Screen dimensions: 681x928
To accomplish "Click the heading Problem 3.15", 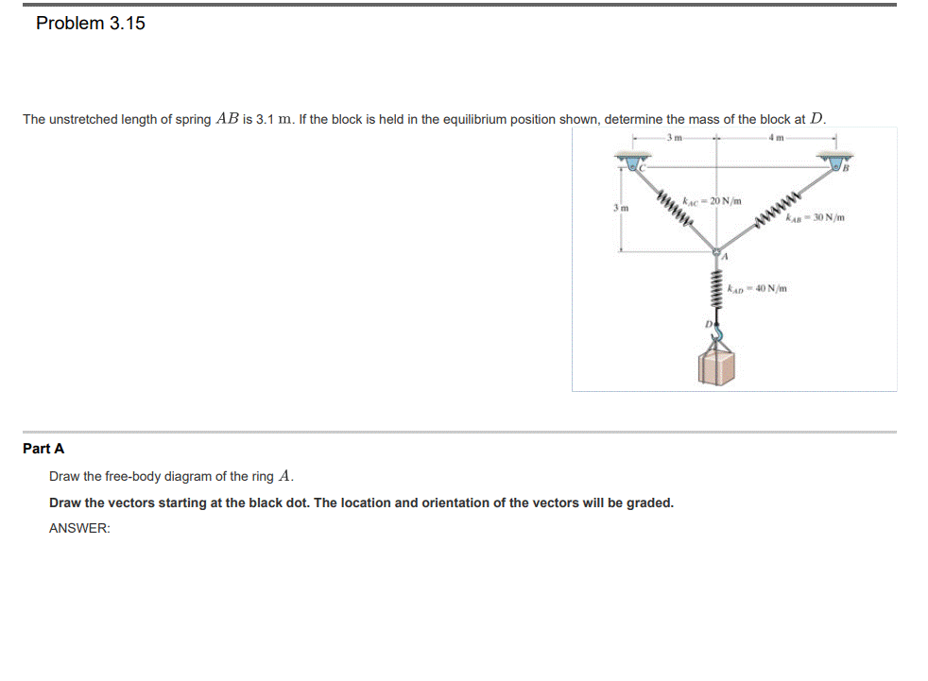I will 91,24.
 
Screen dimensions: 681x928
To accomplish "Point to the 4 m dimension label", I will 777,140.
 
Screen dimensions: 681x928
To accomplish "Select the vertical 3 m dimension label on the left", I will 615,206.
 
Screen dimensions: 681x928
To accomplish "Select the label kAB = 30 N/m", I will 814,220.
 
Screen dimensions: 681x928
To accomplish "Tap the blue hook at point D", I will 717,333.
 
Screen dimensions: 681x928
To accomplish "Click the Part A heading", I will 43,449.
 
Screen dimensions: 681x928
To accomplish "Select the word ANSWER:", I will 79,529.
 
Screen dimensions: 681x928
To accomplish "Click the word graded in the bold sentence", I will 649,502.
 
